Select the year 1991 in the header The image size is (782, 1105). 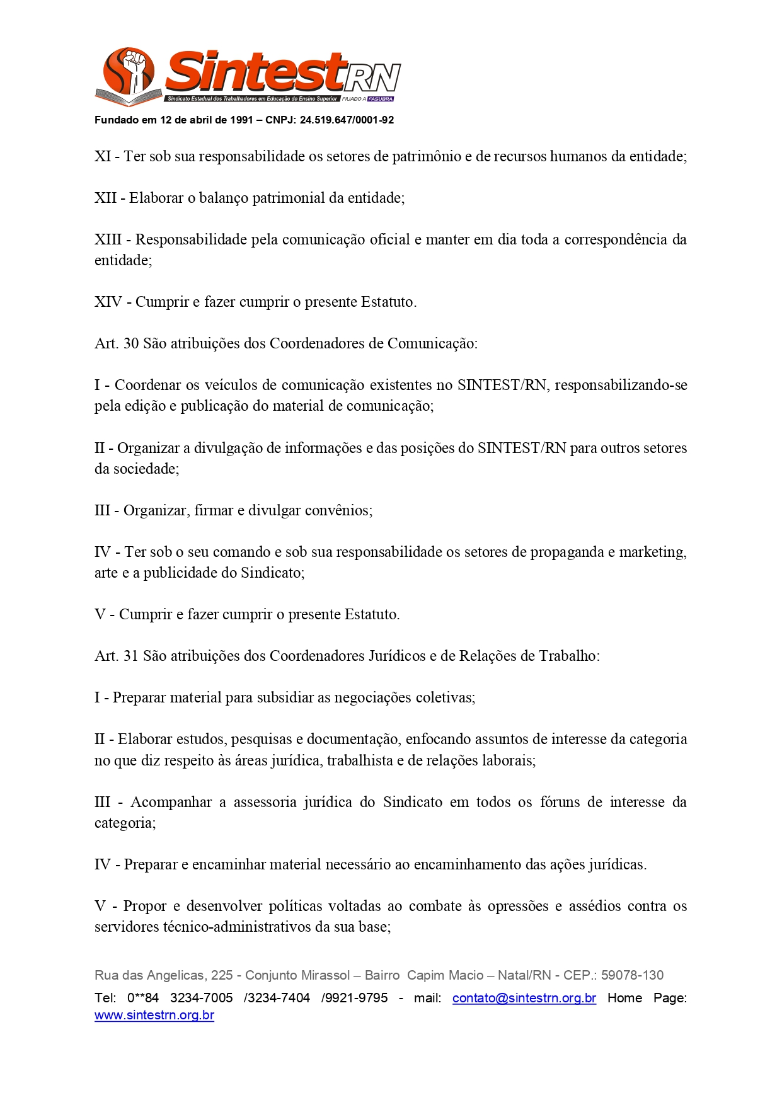coord(241,120)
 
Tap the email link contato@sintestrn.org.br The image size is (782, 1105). coord(524,998)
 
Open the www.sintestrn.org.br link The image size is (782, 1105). coord(154,1016)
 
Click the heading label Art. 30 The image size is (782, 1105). coord(117,343)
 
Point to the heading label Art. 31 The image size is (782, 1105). coord(117,656)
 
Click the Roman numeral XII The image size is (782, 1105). coord(105,198)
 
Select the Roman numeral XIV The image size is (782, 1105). coord(108,302)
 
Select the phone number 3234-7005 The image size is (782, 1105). coord(201,998)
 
